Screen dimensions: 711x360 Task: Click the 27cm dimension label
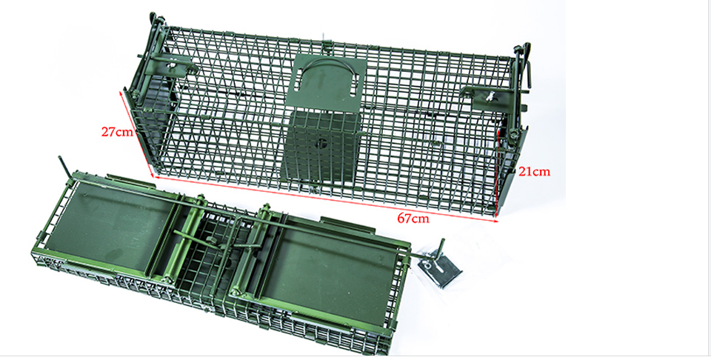[118, 132]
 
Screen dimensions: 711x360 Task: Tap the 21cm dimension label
[534, 171]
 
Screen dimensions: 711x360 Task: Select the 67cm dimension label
[413, 218]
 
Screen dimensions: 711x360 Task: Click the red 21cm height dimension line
[498, 173]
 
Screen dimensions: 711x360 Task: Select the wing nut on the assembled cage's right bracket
[490, 96]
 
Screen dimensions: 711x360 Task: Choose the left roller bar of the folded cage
[181, 239]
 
